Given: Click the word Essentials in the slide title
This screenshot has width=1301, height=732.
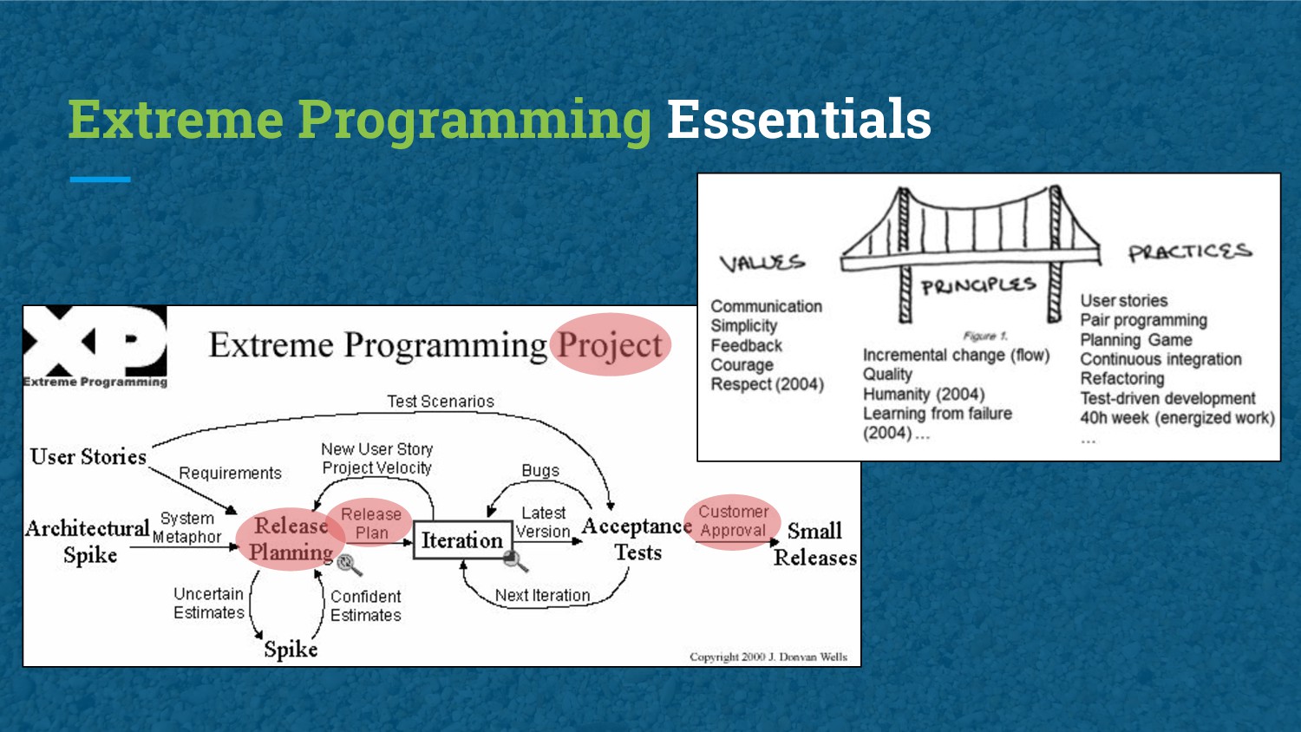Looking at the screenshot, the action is [x=798, y=120].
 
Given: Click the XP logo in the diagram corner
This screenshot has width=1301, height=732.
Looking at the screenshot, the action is [x=95, y=346].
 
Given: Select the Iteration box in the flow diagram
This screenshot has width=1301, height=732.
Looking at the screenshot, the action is [x=462, y=540].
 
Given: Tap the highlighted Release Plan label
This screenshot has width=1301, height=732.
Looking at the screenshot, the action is [x=371, y=524].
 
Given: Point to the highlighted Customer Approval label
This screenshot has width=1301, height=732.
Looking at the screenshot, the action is [x=733, y=521].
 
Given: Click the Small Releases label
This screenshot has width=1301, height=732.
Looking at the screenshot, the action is [x=814, y=544].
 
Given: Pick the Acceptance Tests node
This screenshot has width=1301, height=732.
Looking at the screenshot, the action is [x=637, y=539].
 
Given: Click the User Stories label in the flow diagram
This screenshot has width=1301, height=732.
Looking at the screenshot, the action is [x=88, y=457].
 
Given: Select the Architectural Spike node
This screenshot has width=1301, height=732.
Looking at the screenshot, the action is [x=88, y=541].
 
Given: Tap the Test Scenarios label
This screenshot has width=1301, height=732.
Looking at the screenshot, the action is [x=441, y=402].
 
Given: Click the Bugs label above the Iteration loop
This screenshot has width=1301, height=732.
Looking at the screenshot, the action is [x=540, y=470].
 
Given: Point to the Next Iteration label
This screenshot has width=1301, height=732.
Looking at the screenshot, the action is [x=542, y=596].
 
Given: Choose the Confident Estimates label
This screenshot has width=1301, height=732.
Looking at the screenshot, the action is [x=366, y=605].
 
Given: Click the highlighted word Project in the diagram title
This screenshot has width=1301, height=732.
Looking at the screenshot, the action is [x=611, y=345].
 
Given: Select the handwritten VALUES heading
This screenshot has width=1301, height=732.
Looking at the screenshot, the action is [x=762, y=262].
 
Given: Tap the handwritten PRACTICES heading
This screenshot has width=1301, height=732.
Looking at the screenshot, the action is [x=1189, y=252].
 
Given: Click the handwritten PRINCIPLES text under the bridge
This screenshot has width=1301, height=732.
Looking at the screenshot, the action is [x=978, y=285].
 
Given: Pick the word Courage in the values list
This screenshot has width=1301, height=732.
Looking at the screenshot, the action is [x=742, y=365].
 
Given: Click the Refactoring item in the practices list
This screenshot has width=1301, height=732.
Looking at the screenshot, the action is [x=1122, y=379].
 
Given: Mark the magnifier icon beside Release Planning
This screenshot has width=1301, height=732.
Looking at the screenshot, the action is [x=349, y=565].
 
